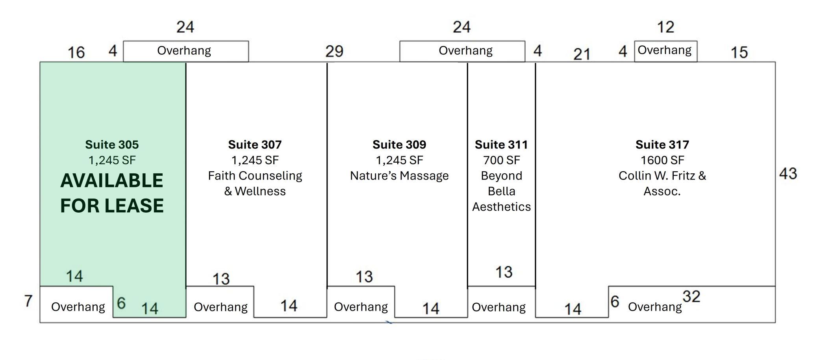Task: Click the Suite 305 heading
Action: (112, 145)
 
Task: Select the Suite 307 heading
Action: (255, 145)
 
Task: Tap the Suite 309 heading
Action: (399, 145)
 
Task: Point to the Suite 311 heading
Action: (501, 145)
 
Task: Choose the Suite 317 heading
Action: (662, 145)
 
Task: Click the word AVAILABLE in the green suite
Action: (112, 181)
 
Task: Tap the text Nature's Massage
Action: (399, 176)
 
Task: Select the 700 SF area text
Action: (501, 160)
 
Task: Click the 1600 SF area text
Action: (662, 160)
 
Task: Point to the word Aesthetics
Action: (501, 207)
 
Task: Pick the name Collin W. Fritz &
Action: (662, 176)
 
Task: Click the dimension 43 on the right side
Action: (788, 174)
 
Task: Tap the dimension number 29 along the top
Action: (334, 51)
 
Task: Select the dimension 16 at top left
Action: (76, 52)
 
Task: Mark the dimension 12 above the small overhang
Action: (665, 27)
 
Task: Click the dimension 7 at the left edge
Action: (28, 301)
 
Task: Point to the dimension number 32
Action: (691, 297)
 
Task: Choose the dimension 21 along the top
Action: (582, 54)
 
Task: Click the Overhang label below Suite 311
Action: (498, 307)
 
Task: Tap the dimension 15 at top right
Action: (739, 52)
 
